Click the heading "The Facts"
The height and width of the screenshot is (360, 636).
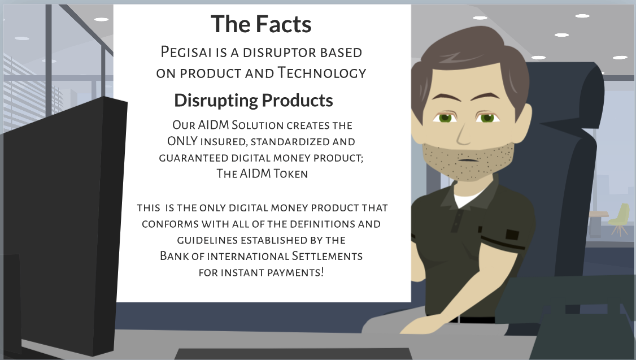click(261, 24)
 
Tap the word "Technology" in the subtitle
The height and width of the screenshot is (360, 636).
click(321, 73)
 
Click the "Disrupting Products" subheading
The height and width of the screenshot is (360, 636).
click(254, 100)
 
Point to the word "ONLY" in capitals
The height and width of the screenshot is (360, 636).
click(182, 141)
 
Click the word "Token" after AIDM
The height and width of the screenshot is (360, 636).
click(290, 174)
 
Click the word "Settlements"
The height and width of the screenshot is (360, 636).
click(327, 256)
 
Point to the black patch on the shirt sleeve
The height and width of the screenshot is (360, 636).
click(512, 234)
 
